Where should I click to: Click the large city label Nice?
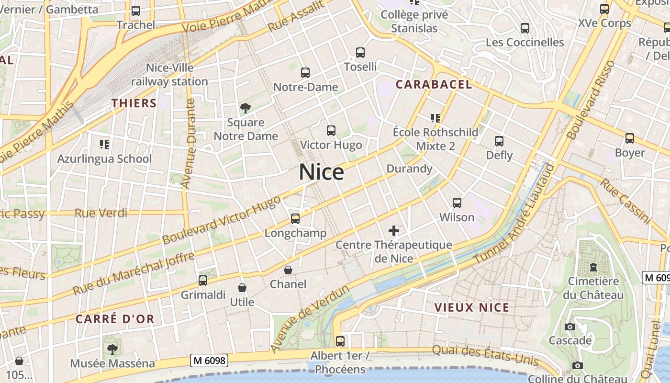click(321, 172)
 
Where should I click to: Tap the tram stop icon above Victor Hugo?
click(331, 130)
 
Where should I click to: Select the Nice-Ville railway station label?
click(169, 75)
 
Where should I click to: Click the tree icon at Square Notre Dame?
click(246, 108)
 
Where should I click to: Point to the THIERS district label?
click(134, 103)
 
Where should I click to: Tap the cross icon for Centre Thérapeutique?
click(394, 231)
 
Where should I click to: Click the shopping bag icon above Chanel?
click(288, 270)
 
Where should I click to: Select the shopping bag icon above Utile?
click(242, 288)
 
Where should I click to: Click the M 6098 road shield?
click(209, 360)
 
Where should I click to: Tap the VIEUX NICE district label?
click(472, 307)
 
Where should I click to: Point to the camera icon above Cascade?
click(569, 327)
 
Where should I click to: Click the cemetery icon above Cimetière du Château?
click(593, 267)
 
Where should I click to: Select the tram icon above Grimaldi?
click(203, 280)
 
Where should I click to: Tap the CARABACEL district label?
click(434, 85)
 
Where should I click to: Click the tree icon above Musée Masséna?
click(112, 349)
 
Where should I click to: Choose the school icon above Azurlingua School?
click(104, 144)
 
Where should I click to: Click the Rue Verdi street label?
click(101, 213)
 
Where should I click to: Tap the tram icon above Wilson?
click(457, 203)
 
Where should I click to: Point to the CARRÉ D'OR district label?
click(115, 319)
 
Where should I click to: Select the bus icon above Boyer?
click(630, 138)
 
